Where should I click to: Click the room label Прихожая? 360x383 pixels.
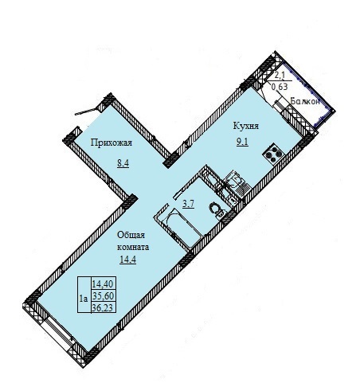112,143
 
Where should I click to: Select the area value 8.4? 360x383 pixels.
123,163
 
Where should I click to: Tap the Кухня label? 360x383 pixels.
246,126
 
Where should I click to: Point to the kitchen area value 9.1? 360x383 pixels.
242,143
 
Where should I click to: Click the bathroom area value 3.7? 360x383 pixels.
189,204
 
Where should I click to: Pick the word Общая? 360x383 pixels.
131,235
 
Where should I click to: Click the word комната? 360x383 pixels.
133,247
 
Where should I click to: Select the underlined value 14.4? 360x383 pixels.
128,260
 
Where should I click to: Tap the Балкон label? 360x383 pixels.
305,101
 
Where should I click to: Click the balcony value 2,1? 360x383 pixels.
280,76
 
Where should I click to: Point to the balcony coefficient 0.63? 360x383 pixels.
280,87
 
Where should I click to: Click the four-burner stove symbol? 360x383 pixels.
273,153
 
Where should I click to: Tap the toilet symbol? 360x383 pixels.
217,209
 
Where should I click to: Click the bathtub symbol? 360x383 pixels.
180,227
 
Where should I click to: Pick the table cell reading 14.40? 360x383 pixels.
103,283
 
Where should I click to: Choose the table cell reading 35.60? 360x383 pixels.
103,295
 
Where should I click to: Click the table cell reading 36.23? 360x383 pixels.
103,307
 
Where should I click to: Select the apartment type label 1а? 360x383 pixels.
84,299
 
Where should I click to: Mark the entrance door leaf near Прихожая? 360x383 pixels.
85,111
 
